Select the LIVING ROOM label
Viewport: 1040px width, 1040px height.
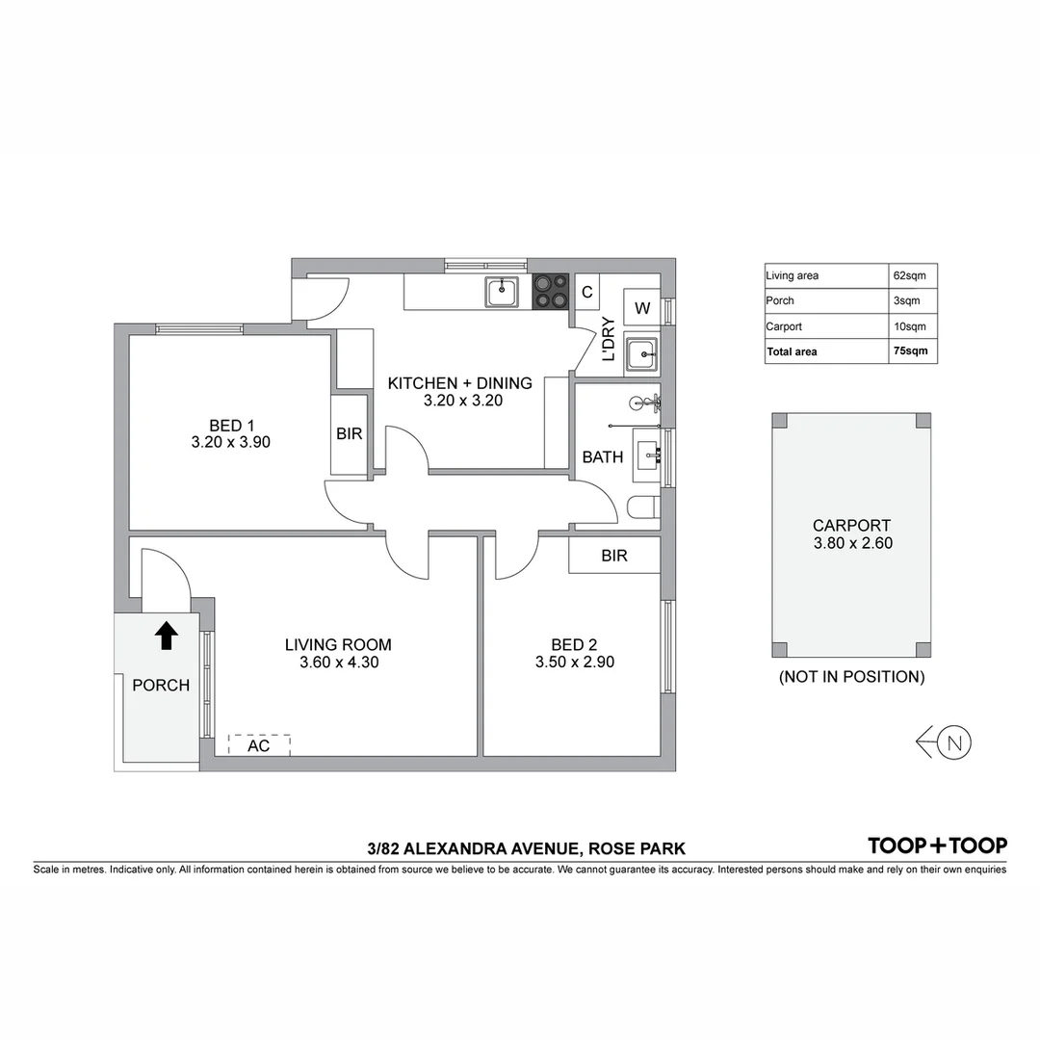pos(338,653)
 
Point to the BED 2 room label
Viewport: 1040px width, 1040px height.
pos(574,653)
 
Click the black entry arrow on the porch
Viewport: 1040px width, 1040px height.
pos(167,635)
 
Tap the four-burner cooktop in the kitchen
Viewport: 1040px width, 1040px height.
pos(551,291)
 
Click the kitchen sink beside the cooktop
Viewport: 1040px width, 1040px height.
pos(502,291)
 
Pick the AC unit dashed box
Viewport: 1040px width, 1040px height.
pos(259,745)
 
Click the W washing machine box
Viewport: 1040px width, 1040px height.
pos(642,308)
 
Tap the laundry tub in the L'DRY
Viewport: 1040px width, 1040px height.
pos(641,354)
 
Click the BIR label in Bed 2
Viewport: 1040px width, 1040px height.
pos(613,556)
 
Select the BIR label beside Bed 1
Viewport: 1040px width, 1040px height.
pos(350,434)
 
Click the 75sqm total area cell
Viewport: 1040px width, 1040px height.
pos(912,351)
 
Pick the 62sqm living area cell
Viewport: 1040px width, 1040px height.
pos(912,275)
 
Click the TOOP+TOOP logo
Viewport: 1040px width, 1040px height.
pos(937,845)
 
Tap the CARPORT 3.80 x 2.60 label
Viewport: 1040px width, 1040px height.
pos(851,534)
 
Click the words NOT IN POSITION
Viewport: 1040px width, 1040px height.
pos(851,677)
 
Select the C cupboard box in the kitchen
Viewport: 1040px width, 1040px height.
pos(586,291)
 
